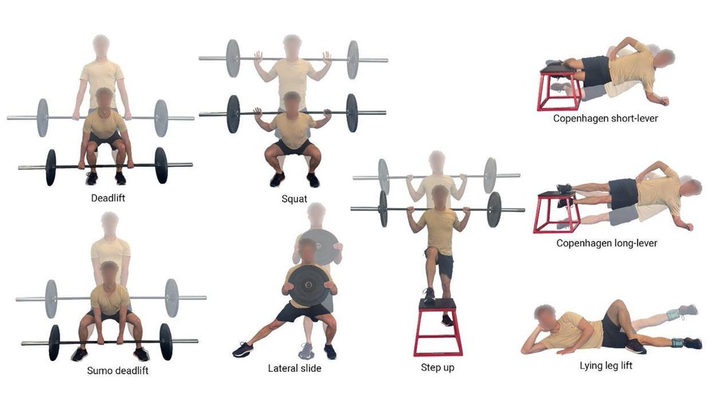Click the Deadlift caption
(108, 197)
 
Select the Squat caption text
(294, 198)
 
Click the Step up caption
(437, 368)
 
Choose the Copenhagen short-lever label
(605, 118)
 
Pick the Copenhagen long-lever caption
(606, 243)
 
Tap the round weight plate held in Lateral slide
(308, 286)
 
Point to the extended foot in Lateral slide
(242, 350)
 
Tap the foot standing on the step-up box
(429, 295)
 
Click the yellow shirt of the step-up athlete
(439, 231)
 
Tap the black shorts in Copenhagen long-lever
(622, 194)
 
